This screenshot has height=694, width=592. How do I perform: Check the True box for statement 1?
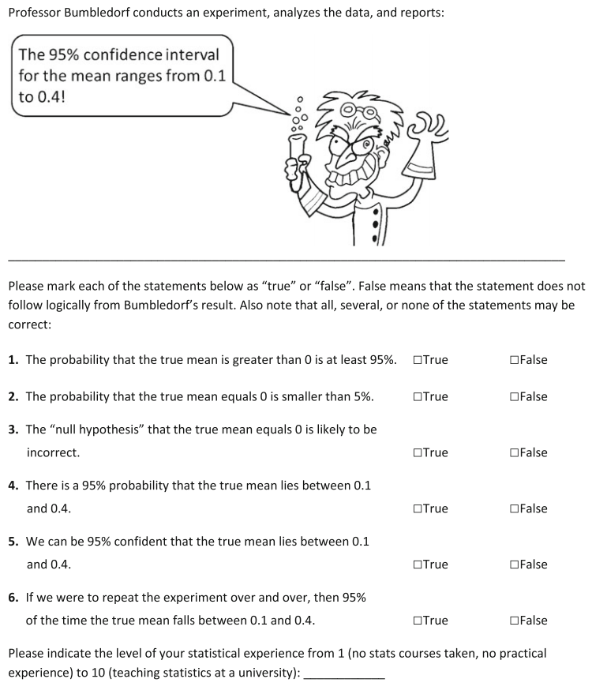point(417,361)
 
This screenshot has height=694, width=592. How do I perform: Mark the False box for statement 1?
point(514,361)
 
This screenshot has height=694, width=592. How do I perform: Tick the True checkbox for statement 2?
point(417,397)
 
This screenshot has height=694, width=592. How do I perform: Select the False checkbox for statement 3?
point(514,453)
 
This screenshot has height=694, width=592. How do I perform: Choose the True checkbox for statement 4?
point(417,509)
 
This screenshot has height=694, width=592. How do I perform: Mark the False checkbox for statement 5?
point(514,565)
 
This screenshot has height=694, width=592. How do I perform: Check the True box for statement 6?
point(417,621)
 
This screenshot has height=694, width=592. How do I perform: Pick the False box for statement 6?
point(514,621)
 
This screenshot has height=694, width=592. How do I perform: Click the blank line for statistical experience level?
point(344,675)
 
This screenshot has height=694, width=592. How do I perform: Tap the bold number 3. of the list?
point(13,430)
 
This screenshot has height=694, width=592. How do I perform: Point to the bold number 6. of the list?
point(13,598)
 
